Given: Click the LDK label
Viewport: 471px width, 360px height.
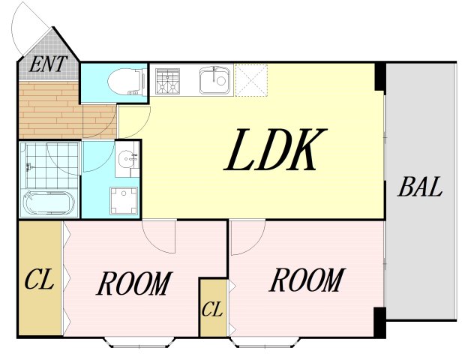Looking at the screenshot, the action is coord(275,149).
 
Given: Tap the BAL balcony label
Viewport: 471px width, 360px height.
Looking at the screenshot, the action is coord(420,187).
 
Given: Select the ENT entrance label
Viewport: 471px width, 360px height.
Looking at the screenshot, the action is coord(47,64).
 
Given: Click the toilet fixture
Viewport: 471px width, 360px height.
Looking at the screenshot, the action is coord(127,82).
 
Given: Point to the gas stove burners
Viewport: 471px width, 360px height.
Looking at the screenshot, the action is coord(167,82).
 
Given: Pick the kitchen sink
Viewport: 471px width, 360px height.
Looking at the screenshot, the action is coord(214,80).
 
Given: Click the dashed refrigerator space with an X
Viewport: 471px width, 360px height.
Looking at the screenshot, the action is coord(251,80).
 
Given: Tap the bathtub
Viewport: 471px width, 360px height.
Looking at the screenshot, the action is coord(49,202).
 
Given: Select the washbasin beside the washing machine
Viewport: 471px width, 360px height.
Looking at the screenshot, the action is coord(127,158).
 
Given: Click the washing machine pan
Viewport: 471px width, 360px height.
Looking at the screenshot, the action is coord(124,201).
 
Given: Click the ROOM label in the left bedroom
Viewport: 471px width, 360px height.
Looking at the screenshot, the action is coord(134,283).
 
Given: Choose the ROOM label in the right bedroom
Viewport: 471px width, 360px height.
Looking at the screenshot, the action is coord(307,280).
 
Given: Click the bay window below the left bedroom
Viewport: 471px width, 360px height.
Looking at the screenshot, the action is coord(139,342).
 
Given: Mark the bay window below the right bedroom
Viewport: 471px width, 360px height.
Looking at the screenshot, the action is coord(265,342).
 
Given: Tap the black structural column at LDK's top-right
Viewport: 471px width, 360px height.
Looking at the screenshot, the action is coord(379,76).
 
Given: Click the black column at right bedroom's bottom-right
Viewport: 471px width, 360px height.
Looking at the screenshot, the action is coord(379,322).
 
